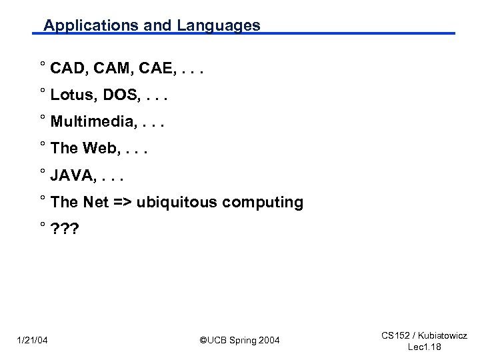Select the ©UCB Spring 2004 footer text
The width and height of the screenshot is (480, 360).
[239, 341]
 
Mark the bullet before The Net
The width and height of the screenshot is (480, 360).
[42, 198]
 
